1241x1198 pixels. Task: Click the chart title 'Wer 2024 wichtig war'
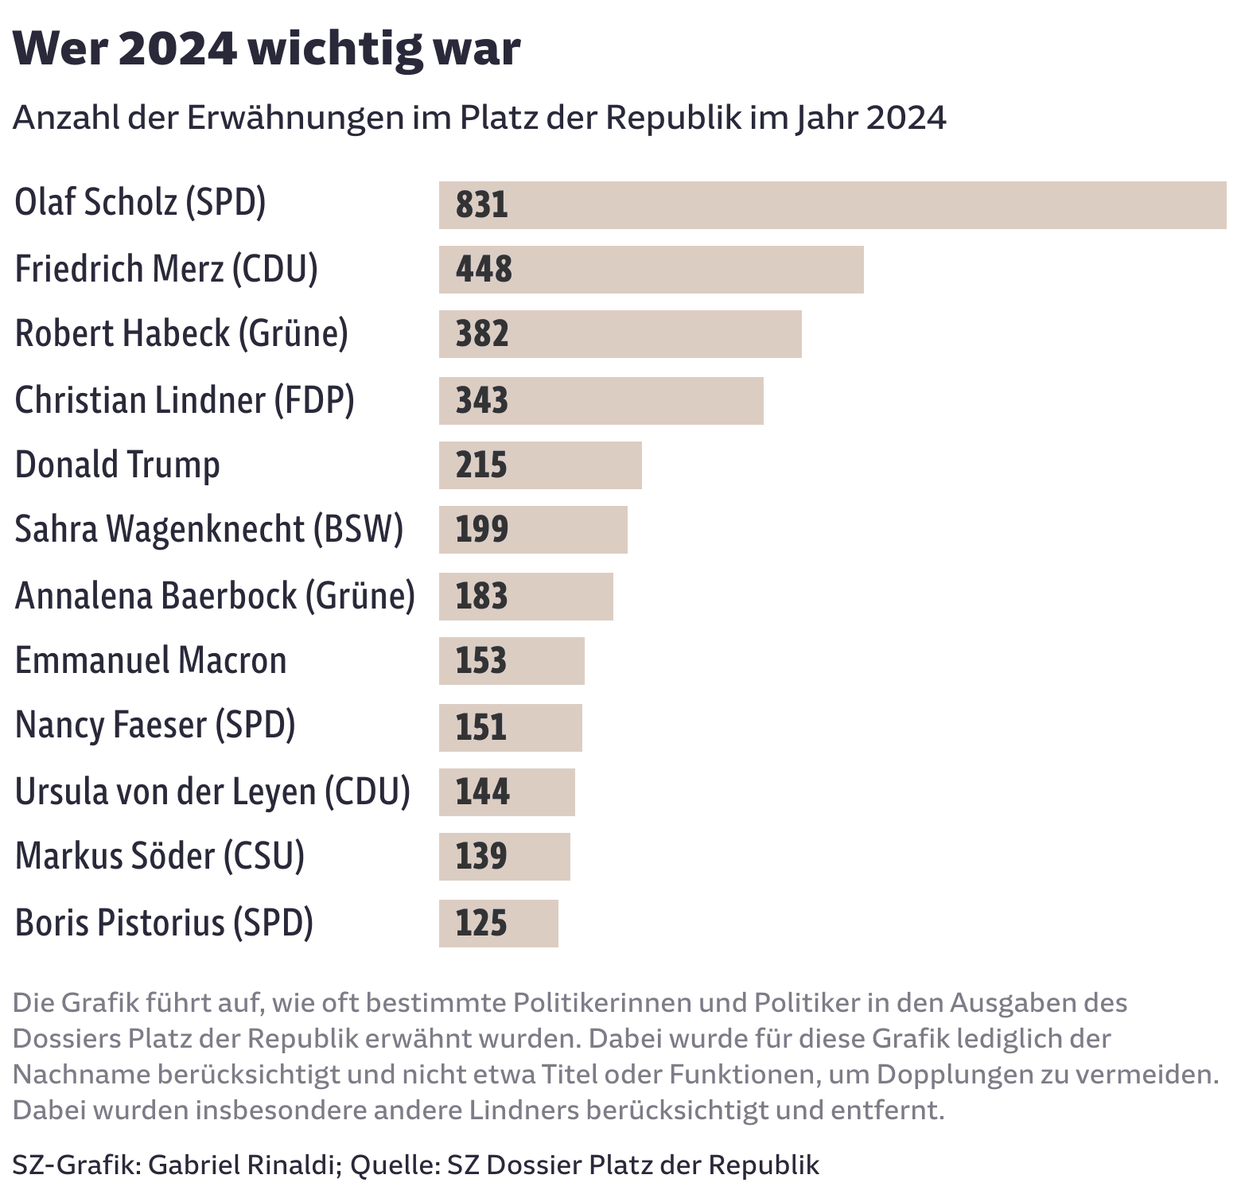click(x=266, y=49)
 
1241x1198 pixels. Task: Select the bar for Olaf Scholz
click(x=831, y=205)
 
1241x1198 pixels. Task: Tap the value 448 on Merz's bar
click(x=484, y=270)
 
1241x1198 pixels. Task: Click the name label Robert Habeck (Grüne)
click(x=181, y=333)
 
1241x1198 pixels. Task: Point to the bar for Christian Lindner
click(x=601, y=401)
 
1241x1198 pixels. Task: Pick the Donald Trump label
click(x=117, y=465)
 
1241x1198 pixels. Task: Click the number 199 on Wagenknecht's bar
click(x=481, y=530)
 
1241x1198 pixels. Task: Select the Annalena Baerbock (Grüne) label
click(x=215, y=596)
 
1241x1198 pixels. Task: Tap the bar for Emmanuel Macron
click(x=512, y=661)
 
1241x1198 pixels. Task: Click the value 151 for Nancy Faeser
click(x=480, y=728)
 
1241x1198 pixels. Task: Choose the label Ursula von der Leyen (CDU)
click(x=212, y=792)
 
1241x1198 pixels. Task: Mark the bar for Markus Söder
click(x=504, y=857)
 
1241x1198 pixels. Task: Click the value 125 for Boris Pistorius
click(x=480, y=924)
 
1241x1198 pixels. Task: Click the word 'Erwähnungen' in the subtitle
click(x=295, y=118)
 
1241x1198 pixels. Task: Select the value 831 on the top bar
click(x=481, y=205)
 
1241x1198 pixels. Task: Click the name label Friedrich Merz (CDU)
click(x=166, y=269)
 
